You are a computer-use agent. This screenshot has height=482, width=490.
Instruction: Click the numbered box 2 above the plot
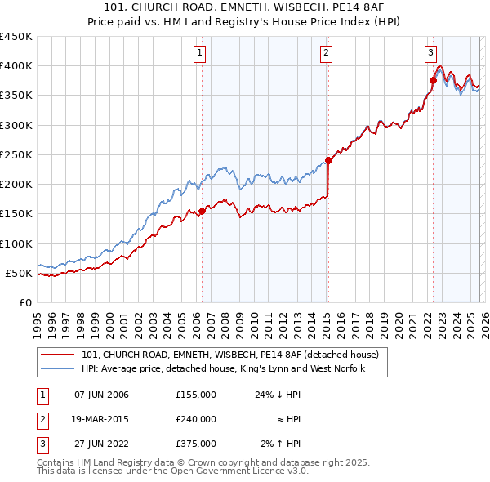point(327,54)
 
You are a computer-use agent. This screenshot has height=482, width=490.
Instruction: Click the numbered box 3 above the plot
point(430,54)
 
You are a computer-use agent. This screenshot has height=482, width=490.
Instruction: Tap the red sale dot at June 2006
point(202,211)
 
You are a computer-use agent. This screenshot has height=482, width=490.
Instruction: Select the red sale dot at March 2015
point(327,160)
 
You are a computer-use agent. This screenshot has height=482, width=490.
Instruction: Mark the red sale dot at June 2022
point(433,80)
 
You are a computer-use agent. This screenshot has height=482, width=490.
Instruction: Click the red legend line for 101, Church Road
point(58,355)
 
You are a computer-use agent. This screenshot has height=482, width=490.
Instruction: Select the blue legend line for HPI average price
point(58,370)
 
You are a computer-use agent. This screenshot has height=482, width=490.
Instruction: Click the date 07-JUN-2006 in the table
point(101,395)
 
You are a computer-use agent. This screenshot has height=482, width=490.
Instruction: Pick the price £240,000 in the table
point(195,419)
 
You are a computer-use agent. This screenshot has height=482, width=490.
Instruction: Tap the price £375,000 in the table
point(195,444)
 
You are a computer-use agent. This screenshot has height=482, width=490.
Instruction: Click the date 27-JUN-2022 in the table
point(101,444)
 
